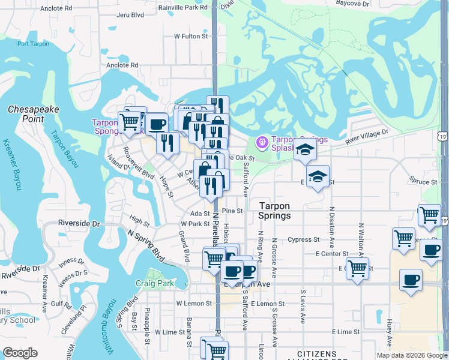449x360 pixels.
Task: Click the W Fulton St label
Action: click(190, 36)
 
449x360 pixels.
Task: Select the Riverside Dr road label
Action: click(79, 223)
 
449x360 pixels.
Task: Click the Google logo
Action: click(20, 353)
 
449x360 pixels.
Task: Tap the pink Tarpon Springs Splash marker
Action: click(262, 142)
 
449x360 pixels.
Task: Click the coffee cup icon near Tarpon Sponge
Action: click(157, 124)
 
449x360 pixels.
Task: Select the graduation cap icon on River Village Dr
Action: click(305, 149)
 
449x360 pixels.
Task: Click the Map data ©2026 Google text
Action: click(411, 355)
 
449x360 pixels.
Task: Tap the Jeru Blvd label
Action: click(130, 14)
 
